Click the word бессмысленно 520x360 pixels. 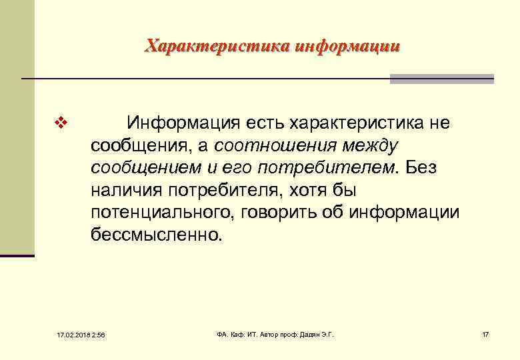[x=154, y=235]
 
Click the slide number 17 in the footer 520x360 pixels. [x=485, y=333]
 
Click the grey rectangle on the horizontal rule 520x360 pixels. [x=441, y=79]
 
